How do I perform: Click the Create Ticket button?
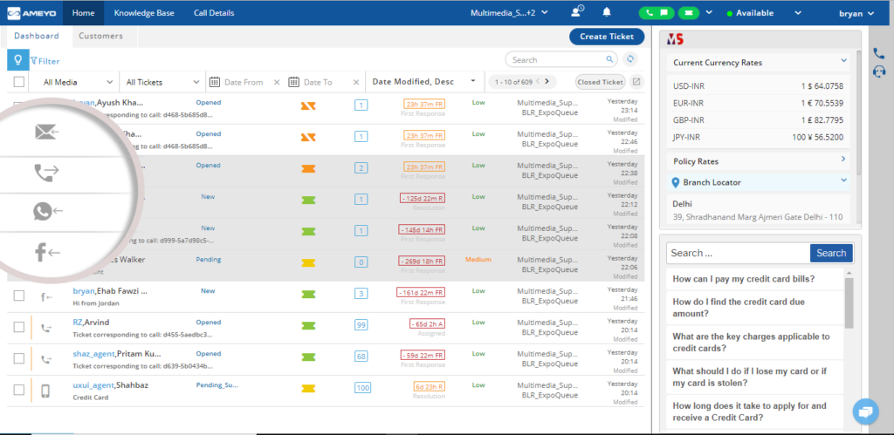tap(607, 37)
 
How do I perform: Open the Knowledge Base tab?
tap(144, 13)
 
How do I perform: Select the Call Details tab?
tap(214, 13)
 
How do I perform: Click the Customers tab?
tap(100, 37)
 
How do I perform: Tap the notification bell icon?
tap(607, 12)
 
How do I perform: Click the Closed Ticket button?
tap(600, 82)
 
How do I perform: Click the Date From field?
tap(244, 82)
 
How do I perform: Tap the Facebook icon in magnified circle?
tap(46, 253)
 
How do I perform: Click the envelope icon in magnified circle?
tap(46, 132)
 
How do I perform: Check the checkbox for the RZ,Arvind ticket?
tap(19, 327)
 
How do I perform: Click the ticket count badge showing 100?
tap(361, 387)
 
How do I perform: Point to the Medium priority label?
tap(478, 260)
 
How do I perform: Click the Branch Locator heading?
tap(712, 182)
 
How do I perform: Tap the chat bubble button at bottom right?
tap(865, 411)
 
